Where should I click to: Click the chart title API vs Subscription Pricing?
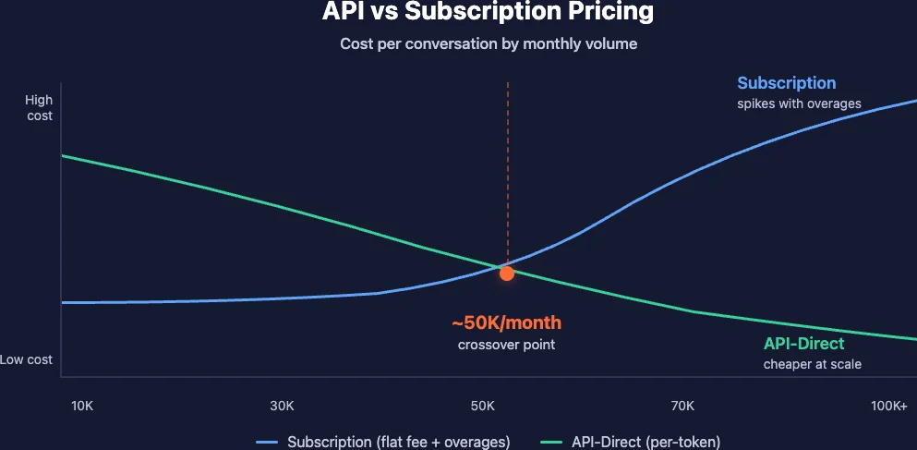click(x=488, y=13)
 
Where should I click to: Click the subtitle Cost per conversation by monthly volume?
click(x=488, y=43)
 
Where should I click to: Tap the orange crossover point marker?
click(x=507, y=273)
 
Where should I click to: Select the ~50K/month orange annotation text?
click(x=506, y=323)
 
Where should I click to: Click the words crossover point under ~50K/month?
click(x=506, y=345)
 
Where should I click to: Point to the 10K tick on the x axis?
click(x=81, y=406)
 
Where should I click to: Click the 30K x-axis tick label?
click(x=282, y=406)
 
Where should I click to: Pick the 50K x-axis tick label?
click(x=482, y=406)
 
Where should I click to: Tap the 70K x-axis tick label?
click(x=682, y=406)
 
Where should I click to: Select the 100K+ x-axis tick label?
click(x=889, y=406)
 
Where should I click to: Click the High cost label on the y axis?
click(x=39, y=108)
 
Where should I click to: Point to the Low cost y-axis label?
click(x=27, y=359)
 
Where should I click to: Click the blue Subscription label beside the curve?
click(x=786, y=83)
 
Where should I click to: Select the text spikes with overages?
click(x=799, y=103)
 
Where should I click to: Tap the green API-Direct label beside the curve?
click(x=803, y=344)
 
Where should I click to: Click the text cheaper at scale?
click(x=812, y=364)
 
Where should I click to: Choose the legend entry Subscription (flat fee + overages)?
click(x=398, y=441)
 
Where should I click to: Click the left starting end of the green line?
click(x=63, y=155)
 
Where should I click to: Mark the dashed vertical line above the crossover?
click(x=507, y=166)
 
